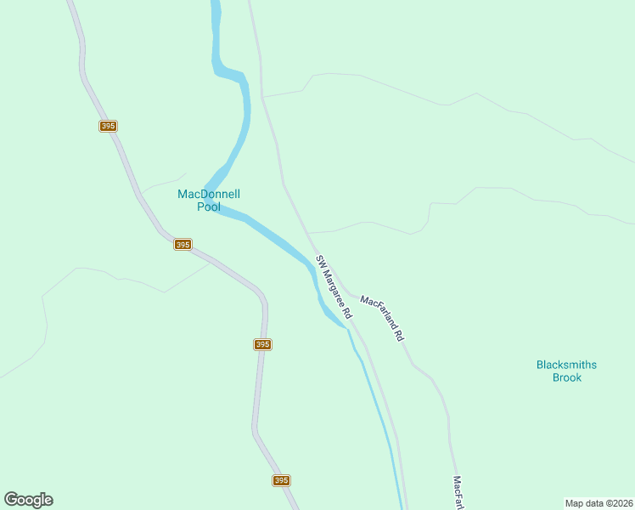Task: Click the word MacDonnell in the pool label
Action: coord(209,194)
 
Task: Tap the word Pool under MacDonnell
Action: coord(209,207)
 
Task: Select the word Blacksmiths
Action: coord(566,365)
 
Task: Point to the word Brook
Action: coord(566,377)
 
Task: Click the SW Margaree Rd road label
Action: coord(334,286)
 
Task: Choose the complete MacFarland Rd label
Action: coord(382,318)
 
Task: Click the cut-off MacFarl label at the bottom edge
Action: coord(458,492)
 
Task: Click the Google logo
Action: coord(28,500)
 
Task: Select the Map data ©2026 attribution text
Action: coord(598,502)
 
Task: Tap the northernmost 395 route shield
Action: coord(107,126)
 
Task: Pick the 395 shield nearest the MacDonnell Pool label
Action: coord(183,244)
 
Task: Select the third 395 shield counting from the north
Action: coord(262,344)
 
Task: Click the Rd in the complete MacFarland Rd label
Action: coord(398,335)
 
